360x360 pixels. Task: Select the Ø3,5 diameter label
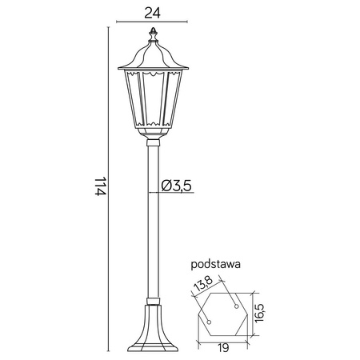175,186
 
